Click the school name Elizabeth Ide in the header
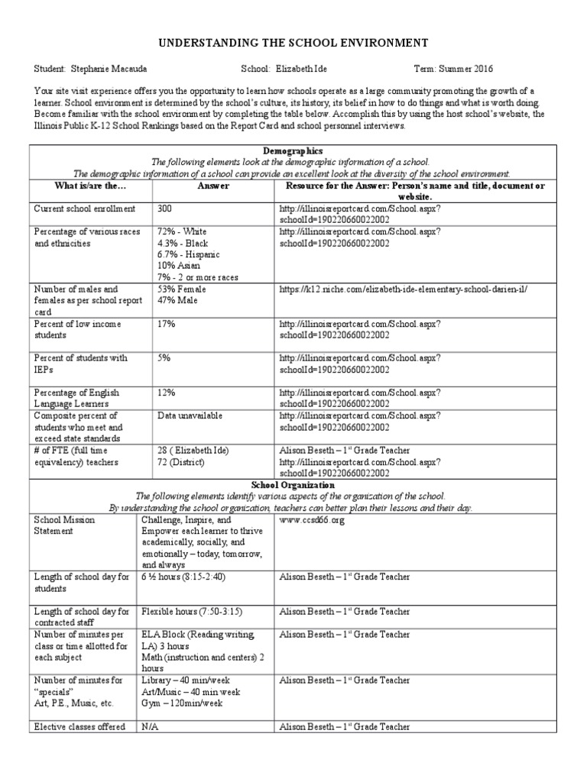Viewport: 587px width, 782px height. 306,68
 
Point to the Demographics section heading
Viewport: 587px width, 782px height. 293,152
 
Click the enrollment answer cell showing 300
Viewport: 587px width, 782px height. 165,208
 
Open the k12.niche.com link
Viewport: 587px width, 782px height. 403,289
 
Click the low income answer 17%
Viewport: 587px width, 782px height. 167,324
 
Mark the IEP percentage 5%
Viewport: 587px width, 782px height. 164,358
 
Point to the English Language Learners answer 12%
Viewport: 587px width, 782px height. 167,393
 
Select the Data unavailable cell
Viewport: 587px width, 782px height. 190,415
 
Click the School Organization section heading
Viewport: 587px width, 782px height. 293,485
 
